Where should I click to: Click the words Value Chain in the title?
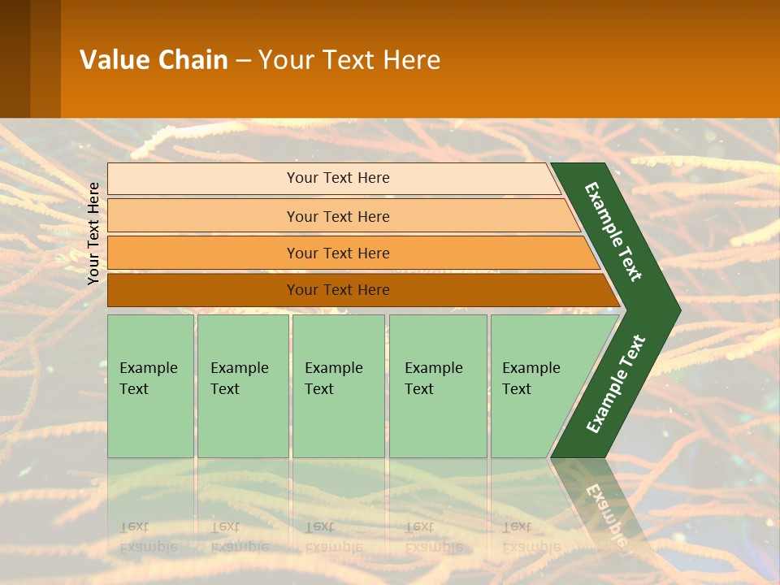click(x=154, y=60)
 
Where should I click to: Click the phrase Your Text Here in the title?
click(x=349, y=60)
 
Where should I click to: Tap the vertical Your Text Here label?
click(x=93, y=233)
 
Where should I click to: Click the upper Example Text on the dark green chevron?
click(x=613, y=232)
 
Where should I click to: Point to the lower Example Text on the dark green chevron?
click(x=615, y=383)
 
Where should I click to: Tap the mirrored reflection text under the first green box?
click(x=149, y=537)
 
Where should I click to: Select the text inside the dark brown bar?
click(x=338, y=290)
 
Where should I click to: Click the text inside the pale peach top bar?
click(x=338, y=178)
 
